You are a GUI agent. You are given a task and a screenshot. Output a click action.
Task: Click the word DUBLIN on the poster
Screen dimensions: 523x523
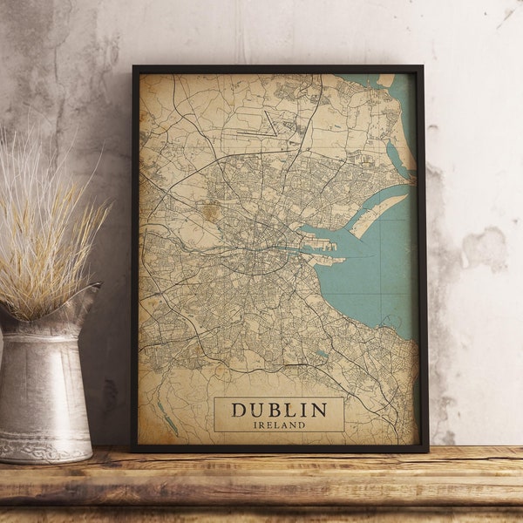[x=279, y=410]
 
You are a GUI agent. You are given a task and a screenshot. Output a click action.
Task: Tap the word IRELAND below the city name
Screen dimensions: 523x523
[x=279, y=425]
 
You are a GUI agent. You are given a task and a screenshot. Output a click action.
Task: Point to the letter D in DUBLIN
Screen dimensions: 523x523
[x=238, y=410]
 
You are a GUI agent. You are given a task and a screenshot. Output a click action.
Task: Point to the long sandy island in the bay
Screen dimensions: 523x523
[x=377, y=214]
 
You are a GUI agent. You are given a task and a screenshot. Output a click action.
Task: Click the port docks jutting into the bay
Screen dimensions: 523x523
[x=324, y=248]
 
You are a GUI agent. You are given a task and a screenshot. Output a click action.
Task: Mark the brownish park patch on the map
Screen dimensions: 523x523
[x=209, y=210]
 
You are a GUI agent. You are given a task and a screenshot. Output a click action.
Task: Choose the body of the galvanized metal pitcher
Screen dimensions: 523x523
[x=44, y=384]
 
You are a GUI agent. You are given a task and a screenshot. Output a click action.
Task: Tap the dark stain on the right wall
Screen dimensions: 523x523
[x=485, y=248]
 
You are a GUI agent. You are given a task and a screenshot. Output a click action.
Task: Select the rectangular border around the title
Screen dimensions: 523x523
[x=215, y=415]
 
